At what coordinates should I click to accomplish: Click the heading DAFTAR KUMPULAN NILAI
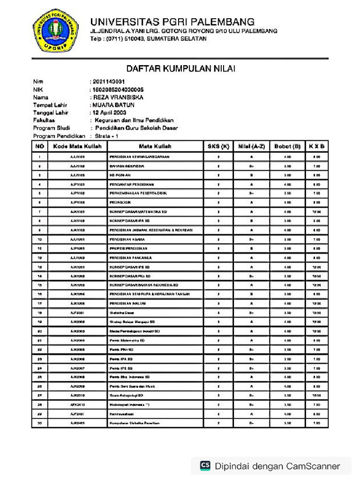coord(180,69)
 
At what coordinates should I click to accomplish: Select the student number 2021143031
coord(109,82)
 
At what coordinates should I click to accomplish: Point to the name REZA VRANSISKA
coord(118,97)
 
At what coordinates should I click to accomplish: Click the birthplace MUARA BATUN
coord(113,105)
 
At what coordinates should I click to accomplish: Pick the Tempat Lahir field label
coord(50,105)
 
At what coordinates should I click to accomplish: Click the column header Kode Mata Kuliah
coord(77,146)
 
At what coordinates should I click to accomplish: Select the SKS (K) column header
coord(218,146)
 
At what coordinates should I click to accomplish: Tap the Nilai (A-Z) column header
coord(252,146)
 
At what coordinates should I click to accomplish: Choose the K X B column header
coord(316,146)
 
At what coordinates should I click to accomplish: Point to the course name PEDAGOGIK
coord(120,202)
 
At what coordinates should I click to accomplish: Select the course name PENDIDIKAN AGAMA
coord(127,239)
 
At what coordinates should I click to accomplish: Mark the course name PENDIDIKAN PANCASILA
coord(130,258)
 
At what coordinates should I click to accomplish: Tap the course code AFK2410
coord(77,405)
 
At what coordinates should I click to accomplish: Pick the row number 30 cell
coord(40,423)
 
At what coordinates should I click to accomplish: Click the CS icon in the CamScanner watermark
coord(205,465)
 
